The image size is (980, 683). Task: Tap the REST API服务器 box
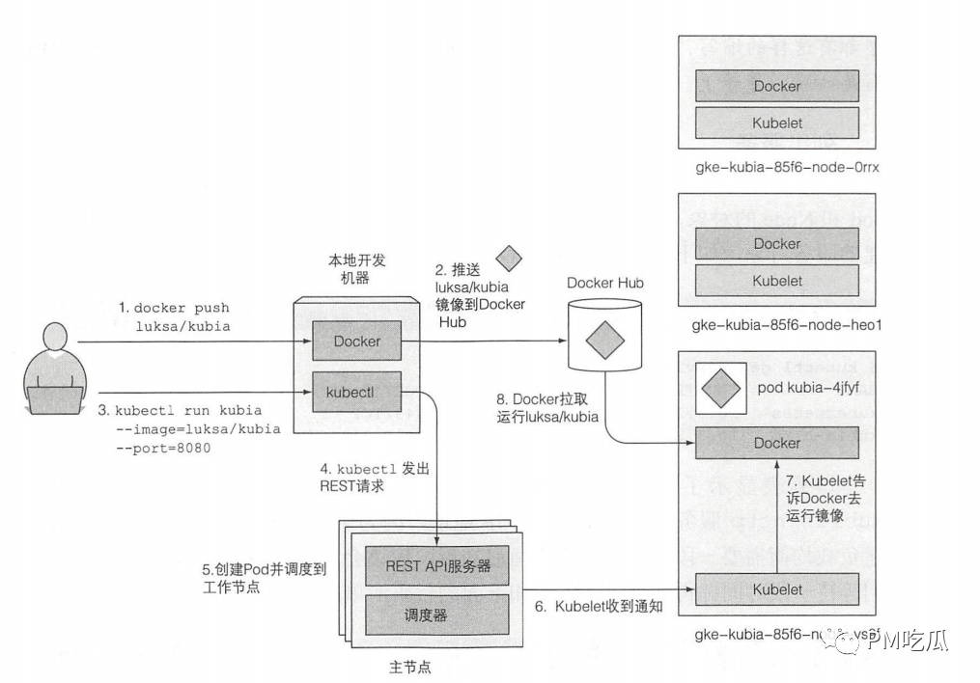[437, 566]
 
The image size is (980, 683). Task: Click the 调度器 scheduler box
[437, 615]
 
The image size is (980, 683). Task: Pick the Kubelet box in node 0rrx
[776, 123]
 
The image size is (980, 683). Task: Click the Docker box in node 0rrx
[776, 86]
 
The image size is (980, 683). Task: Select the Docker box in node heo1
[776, 244]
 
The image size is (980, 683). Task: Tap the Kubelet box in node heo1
[776, 281]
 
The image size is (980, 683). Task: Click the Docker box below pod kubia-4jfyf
[776, 443]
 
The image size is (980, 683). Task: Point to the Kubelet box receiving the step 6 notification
[776, 588]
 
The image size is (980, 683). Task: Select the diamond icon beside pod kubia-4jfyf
[719, 389]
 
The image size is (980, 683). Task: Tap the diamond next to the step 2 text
[509, 260]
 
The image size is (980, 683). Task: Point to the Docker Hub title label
[604, 283]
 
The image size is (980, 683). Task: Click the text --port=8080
[163, 449]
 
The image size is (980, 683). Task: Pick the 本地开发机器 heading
[356, 268]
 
